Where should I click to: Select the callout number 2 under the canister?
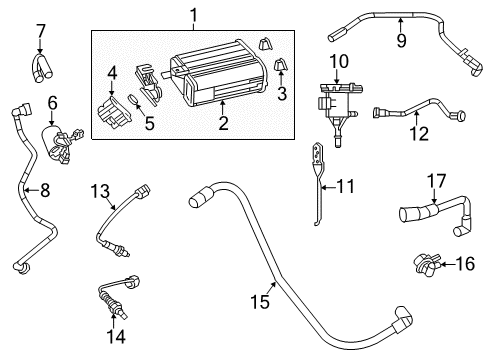[223, 123]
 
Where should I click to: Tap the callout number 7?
[41, 31]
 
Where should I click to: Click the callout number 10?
[339, 61]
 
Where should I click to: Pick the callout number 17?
[435, 181]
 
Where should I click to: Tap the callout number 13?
[100, 190]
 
